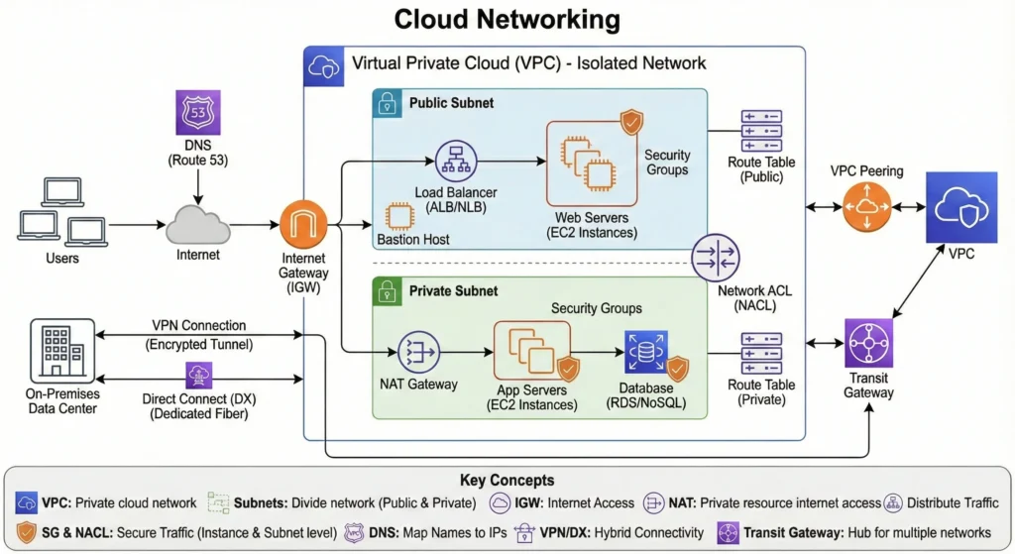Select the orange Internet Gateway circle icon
[x=304, y=225]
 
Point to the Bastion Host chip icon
[x=399, y=218]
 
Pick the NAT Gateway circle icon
[x=418, y=352]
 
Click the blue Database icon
[x=645, y=352]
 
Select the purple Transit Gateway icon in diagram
[x=868, y=343]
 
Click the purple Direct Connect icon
[x=195, y=376]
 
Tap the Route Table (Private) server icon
[x=761, y=353]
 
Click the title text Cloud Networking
[x=507, y=19]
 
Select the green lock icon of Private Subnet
[x=388, y=291]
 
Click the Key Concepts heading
[x=507, y=480]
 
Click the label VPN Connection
[x=199, y=325]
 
